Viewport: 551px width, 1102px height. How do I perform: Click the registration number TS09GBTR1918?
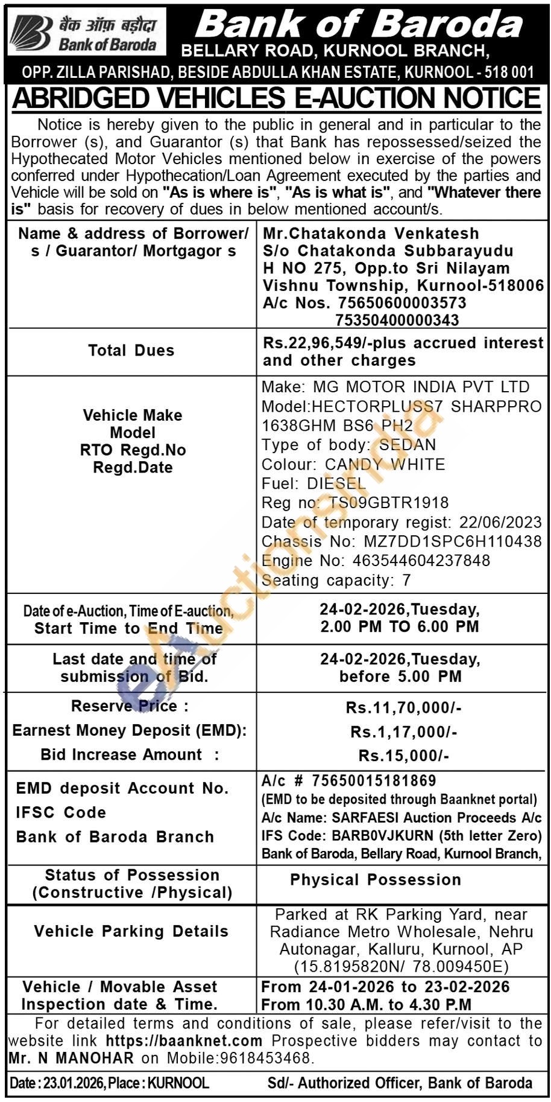point(388,503)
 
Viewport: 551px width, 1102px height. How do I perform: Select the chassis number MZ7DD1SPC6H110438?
point(452,541)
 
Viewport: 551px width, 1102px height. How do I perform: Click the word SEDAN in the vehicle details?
point(407,445)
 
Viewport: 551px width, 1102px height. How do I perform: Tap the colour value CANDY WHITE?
point(385,464)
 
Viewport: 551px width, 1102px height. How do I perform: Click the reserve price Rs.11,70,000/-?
point(404,707)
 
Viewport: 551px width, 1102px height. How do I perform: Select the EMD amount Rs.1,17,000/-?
point(404,732)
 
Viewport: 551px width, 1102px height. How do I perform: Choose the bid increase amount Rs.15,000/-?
point(404,756)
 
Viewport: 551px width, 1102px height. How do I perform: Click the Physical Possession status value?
point(375,880)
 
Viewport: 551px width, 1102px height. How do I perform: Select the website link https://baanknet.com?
point(184,1040)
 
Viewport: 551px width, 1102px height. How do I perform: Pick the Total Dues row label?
point(131,351)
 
